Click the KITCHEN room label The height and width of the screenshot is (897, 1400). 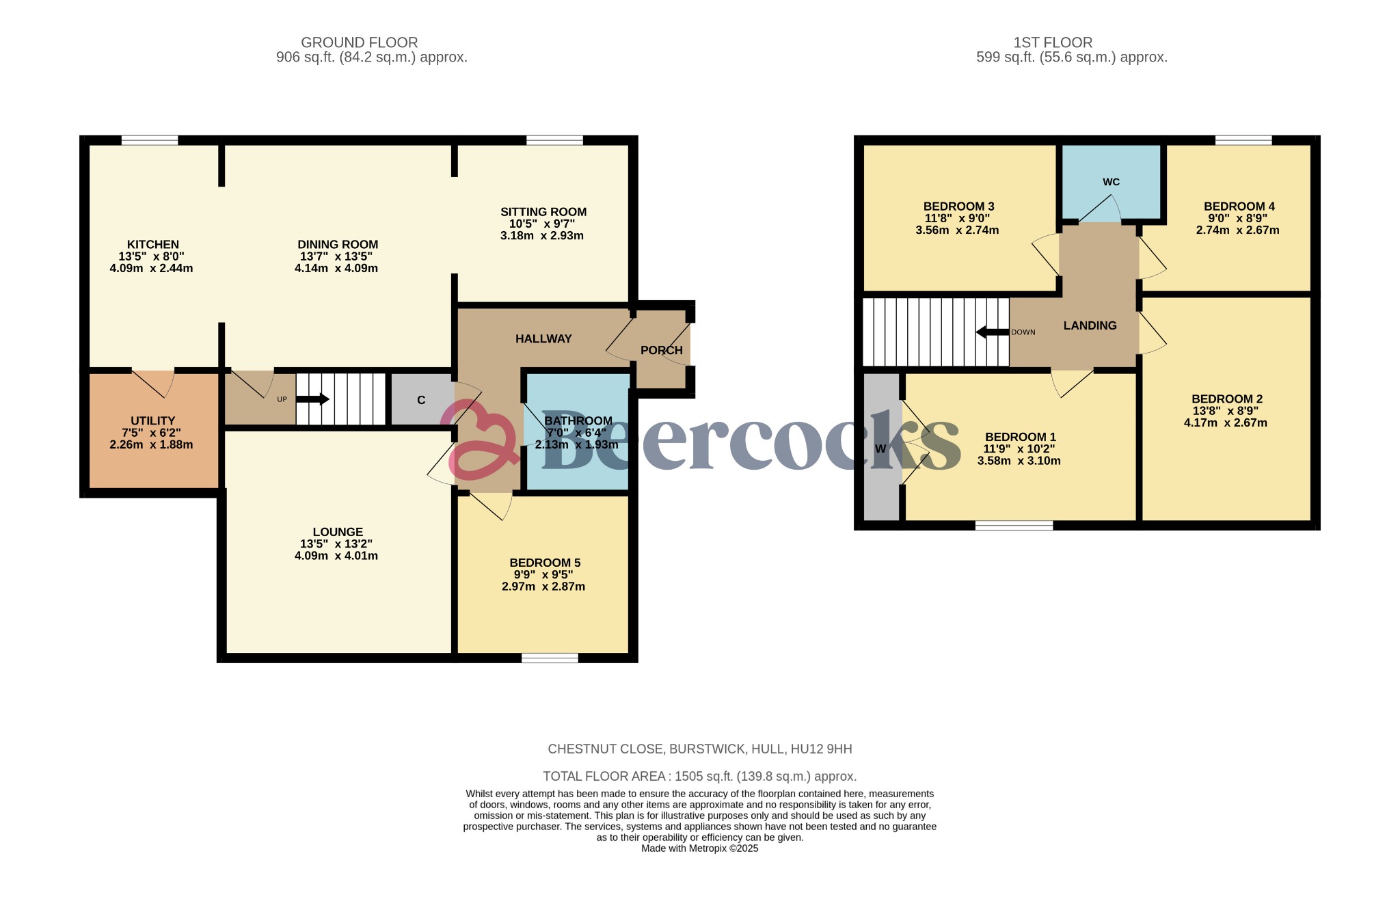[152, 245]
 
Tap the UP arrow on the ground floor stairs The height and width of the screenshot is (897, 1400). [313, 399]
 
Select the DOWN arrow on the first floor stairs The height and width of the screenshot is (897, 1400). [992, 332]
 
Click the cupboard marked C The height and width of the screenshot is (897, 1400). [421, 400]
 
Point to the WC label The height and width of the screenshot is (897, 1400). [1111, 182]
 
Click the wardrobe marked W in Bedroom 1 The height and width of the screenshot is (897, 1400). [880, 449]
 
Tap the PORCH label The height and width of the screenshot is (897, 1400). [661, 350]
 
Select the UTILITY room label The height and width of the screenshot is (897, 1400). [152, 420]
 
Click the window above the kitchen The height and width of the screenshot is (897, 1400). [150, 140]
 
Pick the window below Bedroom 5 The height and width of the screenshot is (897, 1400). [550, 658]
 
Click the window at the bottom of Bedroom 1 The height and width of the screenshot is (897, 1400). [1014, 525]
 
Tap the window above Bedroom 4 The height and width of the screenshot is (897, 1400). [1243, 140]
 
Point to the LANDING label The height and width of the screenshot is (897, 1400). [1090, 325]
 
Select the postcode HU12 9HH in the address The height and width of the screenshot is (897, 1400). [821, 749]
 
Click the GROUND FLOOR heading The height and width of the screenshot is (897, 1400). [359, 42]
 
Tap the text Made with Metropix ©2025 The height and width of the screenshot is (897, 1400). [699, 848]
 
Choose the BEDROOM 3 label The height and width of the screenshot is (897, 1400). [958, 206]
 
